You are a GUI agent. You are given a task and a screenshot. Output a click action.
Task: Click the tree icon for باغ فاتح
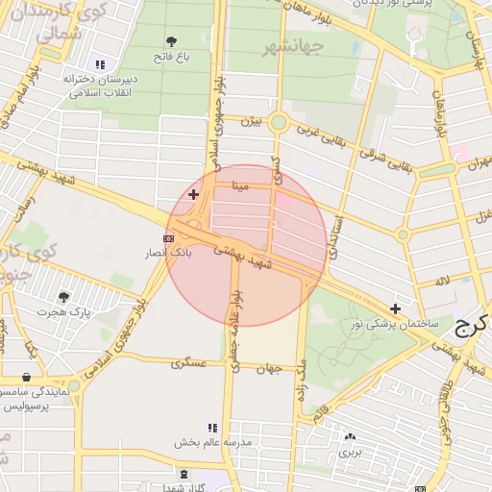point(171,41)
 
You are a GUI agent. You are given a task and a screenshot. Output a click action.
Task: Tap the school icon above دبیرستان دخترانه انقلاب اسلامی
point(100,64)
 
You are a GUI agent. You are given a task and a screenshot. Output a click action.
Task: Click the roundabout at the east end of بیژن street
point(279,122)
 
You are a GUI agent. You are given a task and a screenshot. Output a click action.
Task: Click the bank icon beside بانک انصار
point(168,237)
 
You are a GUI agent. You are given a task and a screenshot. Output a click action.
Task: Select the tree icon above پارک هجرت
point(64,297)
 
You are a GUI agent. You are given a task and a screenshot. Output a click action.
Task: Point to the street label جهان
point(267,369)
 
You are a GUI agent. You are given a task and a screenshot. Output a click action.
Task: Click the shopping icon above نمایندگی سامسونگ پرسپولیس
point(25,377)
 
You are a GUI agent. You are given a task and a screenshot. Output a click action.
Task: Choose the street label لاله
point(442,280)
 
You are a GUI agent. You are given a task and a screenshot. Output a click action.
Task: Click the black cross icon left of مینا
point(193,194)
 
